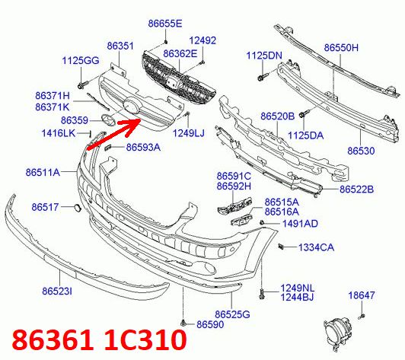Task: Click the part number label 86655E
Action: pos(165,24)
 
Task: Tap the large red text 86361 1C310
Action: pos(99,339)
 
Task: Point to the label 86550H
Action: pos(341,48)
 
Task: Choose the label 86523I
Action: pos(57,292)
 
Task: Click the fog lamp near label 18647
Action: pos(338,334)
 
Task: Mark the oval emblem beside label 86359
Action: pos(108,119)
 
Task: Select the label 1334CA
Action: pos(316,247)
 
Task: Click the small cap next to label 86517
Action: pos(77,208)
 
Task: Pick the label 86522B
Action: pos(356,190)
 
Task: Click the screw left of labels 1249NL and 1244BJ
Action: pos(261,294)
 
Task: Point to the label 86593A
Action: pos(143,148)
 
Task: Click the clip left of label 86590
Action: pos(183,323)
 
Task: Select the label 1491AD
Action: pos(300,224)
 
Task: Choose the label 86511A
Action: pos(43,172)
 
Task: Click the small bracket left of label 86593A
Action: pos(107,148)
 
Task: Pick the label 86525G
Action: pos(232,314)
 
